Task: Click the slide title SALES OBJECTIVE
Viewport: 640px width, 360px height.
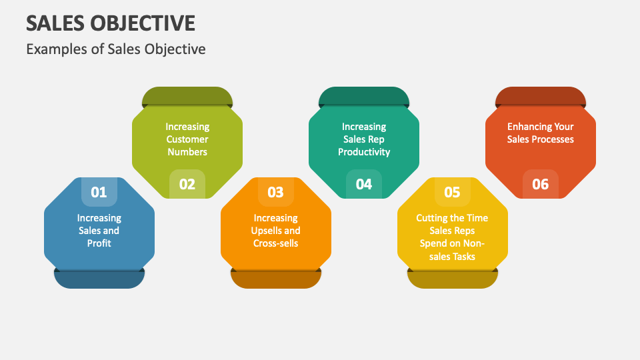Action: (x=111, y=23)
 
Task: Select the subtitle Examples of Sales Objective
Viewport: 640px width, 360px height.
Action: (x=116, y=49)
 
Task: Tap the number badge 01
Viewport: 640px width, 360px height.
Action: (x=99, y=192)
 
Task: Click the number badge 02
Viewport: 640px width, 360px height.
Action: (x=187, y=184)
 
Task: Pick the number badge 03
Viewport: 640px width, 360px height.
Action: (x=275, y=192)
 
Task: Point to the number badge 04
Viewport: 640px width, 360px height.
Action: (x=364, y=184)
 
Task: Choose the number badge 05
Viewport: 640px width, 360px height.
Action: (x=452, y=192)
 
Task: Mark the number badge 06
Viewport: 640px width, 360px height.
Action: (x=541, y=184)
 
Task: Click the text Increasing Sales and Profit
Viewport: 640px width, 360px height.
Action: (x=99, y=231)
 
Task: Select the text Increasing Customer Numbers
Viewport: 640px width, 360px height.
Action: (x=187, y=139)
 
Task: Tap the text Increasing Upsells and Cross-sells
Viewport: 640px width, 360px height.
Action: (x=275, y=231)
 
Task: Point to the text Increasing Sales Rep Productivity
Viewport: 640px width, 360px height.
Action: (x=364, y=139)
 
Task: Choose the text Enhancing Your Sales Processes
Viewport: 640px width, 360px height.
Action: (x=541, y=133)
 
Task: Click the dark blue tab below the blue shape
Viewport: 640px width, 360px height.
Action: (x=99, y=279)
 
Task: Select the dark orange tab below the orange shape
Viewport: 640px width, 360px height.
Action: (x=275, y=279)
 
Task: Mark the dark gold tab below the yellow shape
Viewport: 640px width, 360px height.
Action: (x=452, y=279)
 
